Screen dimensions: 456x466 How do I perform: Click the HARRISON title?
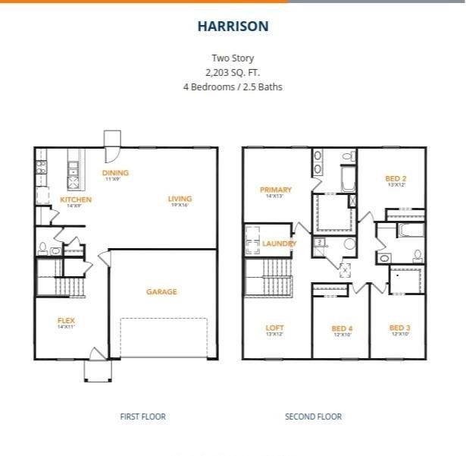233,27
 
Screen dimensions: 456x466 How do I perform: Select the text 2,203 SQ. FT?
233,72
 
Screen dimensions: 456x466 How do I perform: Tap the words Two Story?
233,58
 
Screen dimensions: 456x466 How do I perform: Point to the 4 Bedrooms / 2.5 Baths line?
233,86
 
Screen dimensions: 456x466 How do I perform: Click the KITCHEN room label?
75,200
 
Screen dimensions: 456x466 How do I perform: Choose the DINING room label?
115,173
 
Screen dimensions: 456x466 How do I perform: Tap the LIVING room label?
180,199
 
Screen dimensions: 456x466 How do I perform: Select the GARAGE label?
161,291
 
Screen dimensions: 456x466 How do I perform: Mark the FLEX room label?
66,320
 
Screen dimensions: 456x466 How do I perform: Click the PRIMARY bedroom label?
276,190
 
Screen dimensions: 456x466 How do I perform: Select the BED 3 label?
400,328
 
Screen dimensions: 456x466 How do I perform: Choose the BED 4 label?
342,329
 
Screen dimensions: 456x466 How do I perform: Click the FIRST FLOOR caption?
142,417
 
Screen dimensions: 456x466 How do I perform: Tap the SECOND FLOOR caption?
313,417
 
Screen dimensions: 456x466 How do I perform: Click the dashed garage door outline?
163,338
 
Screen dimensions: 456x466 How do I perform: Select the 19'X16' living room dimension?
180,206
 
